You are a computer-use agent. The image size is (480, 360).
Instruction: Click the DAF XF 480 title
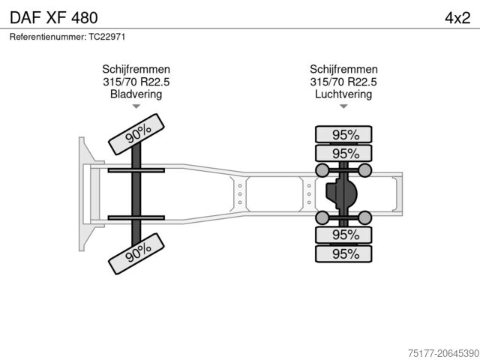coord(52,16)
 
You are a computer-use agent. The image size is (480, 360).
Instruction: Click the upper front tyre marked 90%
coord(138,133)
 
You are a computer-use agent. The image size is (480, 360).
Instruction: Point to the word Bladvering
coord(136,94)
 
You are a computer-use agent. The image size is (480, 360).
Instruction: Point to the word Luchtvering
coord(343,94)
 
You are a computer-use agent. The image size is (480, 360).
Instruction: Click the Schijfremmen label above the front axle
coord(136,69)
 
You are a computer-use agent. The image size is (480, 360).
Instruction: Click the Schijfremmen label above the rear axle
coord(343,69)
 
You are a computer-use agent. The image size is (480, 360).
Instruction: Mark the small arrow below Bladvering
coord(136,106)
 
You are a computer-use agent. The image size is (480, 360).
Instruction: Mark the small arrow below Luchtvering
coord(343,106)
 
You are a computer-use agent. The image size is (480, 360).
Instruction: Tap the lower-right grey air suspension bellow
coord(365,217)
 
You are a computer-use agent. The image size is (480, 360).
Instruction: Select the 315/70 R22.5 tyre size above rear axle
coord(343,82)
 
